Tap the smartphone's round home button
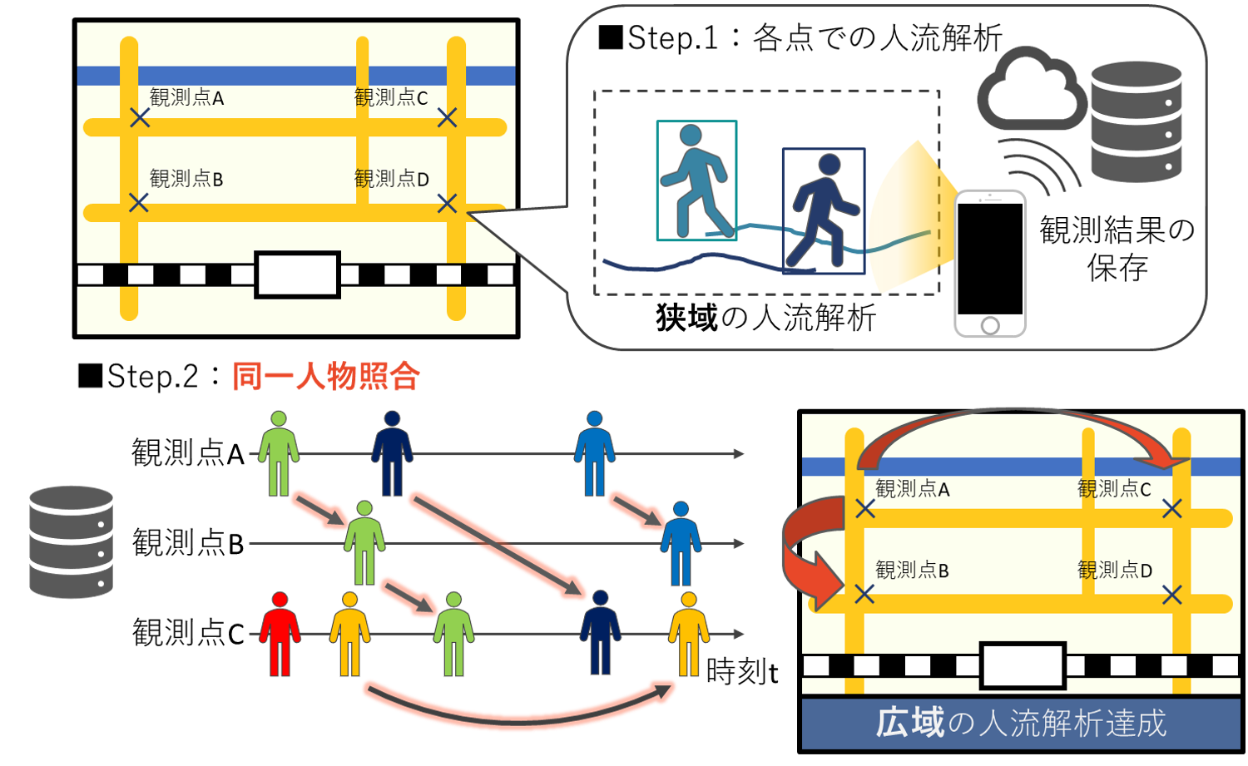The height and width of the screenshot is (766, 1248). click(990, 325)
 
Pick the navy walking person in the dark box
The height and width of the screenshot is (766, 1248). click(823, 211)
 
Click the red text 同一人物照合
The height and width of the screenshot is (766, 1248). click(325, 377)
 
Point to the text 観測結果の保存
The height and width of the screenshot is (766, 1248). click(1117, 248)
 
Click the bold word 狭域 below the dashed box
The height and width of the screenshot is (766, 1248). click(686, 318)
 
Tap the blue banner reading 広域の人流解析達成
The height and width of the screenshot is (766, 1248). click(1020, 723)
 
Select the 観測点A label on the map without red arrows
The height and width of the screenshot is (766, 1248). click(186, 98)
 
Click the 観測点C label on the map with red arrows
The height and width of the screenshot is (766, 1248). click(1114, 489)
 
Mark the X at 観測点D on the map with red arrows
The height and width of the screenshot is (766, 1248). click(1171, 595)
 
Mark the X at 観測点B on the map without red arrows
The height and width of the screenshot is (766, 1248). click(139, 202)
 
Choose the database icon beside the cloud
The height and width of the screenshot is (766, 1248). click(1137, 121)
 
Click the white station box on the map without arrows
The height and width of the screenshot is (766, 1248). click(297, 274)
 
